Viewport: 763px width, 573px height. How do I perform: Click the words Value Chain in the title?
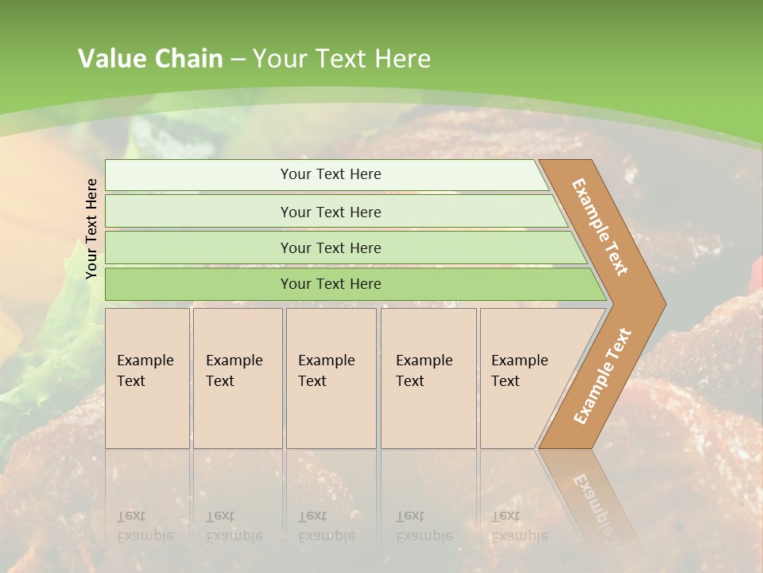[x=150, y=59]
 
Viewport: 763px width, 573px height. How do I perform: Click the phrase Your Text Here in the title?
[x=342, y=59]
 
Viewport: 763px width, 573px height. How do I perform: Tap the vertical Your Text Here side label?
[x=91, y=228]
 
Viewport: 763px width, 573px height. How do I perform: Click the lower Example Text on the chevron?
[x=602, y=376]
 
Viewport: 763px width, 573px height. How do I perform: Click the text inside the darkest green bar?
[x=331, y=284]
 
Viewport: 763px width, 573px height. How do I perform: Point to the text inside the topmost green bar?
[x=331, y=174]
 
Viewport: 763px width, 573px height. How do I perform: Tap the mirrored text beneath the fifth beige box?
[x=519, y=525]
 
